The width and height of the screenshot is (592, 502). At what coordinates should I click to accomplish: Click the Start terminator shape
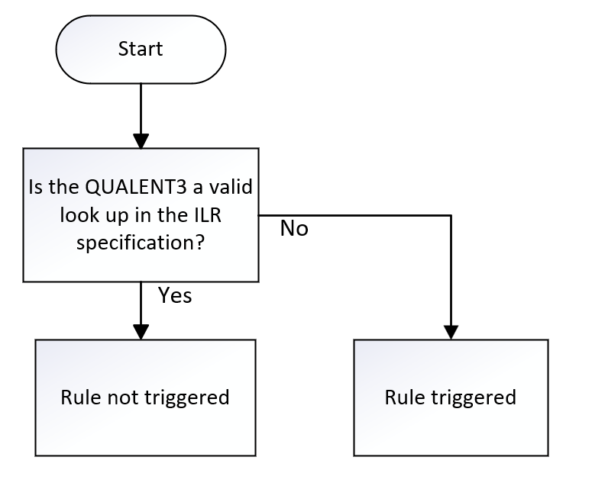(x=141, y=50)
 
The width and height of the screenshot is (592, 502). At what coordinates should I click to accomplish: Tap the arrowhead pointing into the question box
(x=141, y=140)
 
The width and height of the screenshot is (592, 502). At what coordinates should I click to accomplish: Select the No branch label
(x=294, y=228)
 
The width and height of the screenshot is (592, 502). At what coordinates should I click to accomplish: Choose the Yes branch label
(x=175, y=296)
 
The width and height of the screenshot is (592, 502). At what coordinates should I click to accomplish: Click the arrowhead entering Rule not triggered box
(x=141, y=330)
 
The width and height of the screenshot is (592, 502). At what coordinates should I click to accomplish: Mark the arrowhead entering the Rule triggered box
(x=451, y=330)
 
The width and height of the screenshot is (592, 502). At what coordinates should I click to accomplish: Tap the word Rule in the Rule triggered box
(x=402, y=397)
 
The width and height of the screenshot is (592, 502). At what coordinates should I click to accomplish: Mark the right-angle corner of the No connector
(x=451, y=215)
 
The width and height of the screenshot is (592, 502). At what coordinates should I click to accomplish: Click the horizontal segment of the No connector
(x=359, y=215)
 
